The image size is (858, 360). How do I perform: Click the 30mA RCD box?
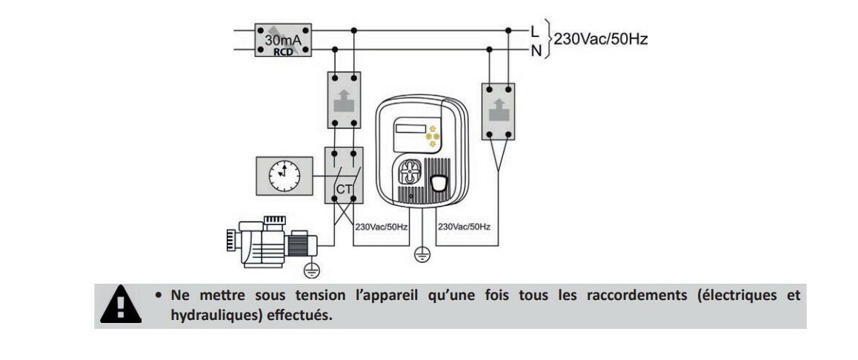pyautogui.click(x=282, y=40)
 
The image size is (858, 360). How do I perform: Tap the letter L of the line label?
pyautogui.click(x=534, y=30)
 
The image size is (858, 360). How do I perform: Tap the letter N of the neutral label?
pyautogui.click(x=535, y=50)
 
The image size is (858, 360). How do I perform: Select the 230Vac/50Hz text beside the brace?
pyautogui.click(x=601, y=39)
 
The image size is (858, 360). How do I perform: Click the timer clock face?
pyautogui.click(x=284, y=176)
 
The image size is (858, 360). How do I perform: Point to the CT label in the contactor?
pyautogui.click(x=345, y=190)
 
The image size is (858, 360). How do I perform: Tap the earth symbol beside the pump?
pyautogui.click(x=312, y=269)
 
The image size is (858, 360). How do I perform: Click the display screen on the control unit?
pyautogui.click(x=410, y=128)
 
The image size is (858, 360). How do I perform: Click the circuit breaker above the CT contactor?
pyautogui.click(x=345, y=100)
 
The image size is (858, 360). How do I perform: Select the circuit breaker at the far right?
pyautogui.click(x=498, y=111)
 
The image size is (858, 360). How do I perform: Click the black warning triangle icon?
pyautogui.click(x=121, y=304)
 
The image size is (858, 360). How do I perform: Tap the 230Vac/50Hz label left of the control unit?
pyautogui.click(x=382, y=226)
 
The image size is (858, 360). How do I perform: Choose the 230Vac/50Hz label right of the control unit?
pyautogui.click(x=464, y=226)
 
